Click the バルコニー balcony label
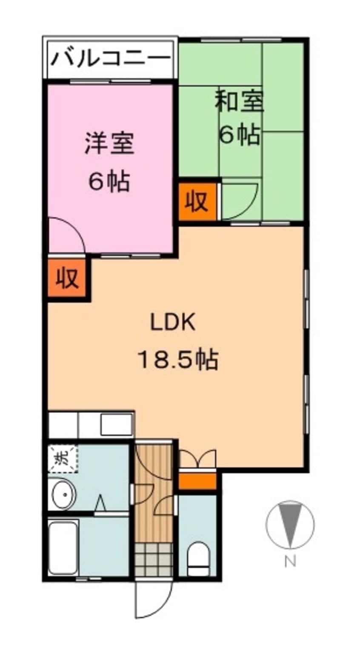tap(110, 58)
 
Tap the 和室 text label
tap(240, 102)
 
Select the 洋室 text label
tap(109, 143)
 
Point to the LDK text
tap(173, 323)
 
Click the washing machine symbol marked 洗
tap(63, 459)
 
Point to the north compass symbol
tap(290, 524)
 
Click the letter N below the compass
tap(290, 562)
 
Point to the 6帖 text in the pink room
tap(109, 182)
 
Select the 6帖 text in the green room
tap(240, 135)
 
